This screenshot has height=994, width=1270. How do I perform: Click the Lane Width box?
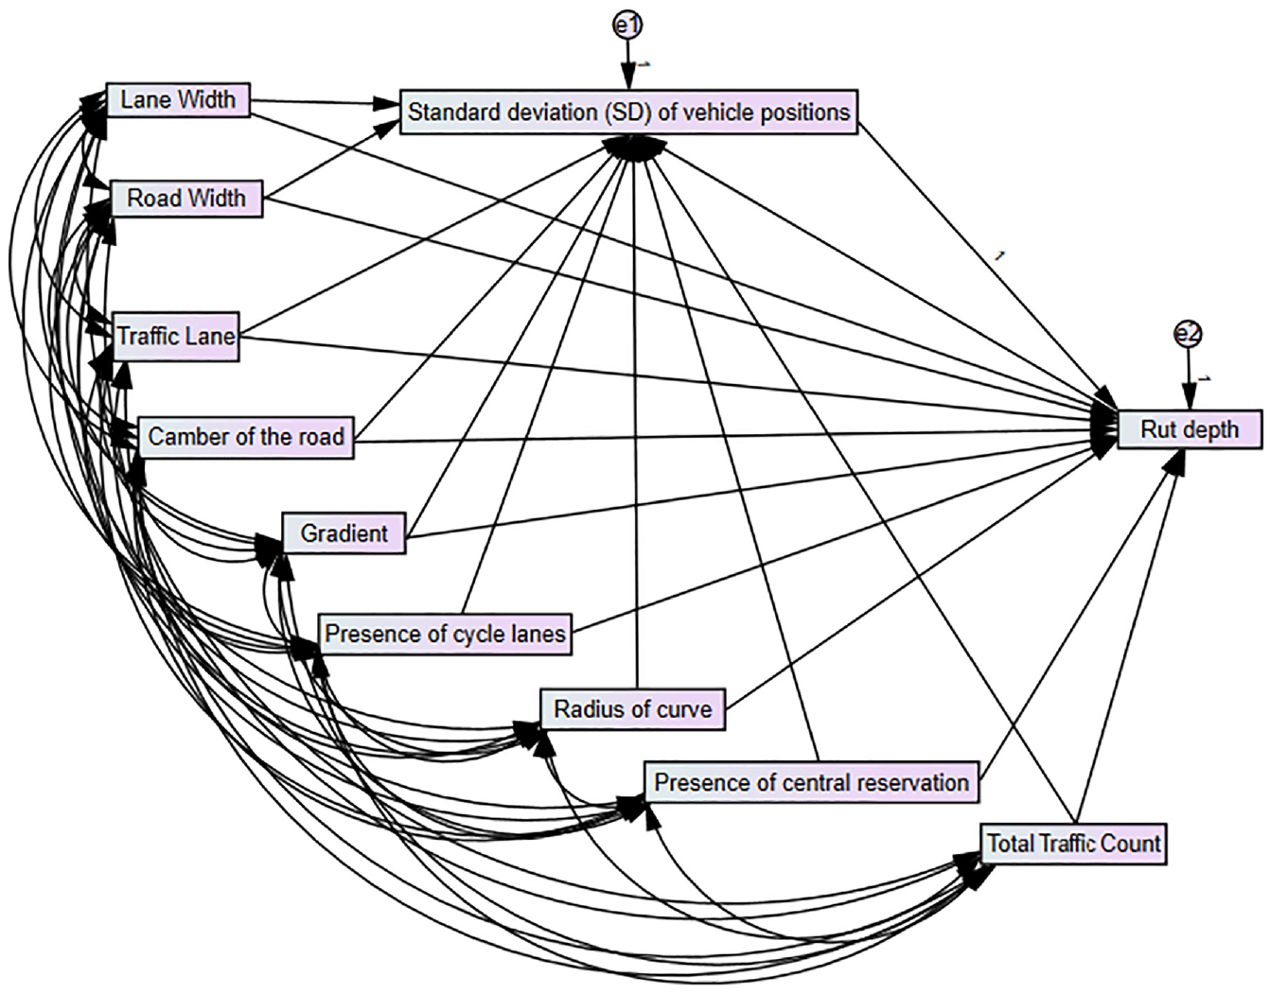[x=178, y=100]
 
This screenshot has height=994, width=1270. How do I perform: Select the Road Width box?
[x=186, y=199]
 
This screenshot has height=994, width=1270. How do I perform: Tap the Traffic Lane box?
[x=176, y=337]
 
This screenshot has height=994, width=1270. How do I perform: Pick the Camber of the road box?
[x=246, y=437]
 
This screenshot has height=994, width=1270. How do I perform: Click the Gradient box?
[x=344, y=533]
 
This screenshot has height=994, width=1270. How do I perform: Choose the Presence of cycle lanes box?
[x=445, y=634]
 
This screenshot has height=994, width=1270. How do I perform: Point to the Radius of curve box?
[x=633, y=709]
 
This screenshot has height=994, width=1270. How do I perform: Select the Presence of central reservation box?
[x=812, y=782]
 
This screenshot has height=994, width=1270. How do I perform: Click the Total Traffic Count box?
[x=1073, y=844]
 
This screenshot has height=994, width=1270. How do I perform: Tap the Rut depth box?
[x=1190, y=429]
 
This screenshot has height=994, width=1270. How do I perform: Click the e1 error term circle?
[x=627, y=26]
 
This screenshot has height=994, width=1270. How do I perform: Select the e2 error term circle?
[x=1189, y=334]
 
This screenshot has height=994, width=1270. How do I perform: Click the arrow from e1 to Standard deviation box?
[x=627, y=65]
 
